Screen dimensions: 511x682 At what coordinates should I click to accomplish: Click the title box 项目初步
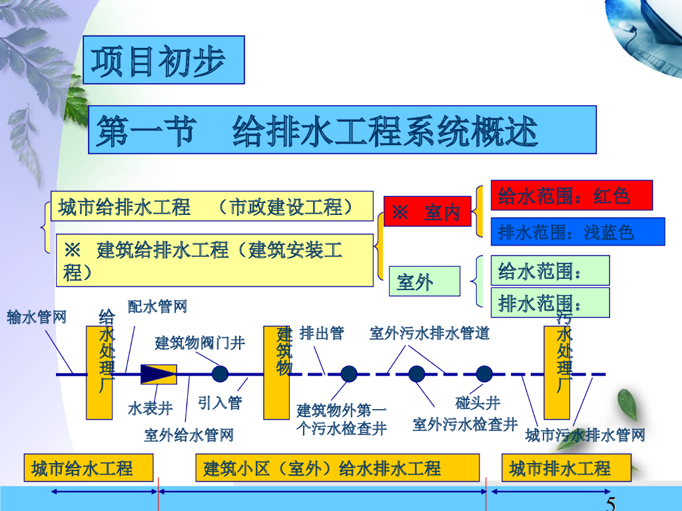pos(164,60)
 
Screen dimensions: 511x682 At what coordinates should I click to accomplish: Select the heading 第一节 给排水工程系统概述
pos(342,130)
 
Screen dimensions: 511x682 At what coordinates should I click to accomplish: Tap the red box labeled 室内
pos(427,212)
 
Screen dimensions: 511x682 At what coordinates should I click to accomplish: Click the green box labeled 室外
pos(424,281)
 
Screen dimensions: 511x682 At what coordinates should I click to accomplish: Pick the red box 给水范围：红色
pos(571,196)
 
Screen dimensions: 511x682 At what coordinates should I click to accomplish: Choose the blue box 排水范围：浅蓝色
pos(577,232)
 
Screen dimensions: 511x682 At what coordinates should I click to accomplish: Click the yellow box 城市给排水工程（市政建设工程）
pos(212,207)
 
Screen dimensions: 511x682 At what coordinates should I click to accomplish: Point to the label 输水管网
pos(37,317)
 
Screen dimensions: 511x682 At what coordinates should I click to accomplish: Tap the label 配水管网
pos(158,306)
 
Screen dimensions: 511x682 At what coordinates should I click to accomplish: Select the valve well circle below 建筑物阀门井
pos(220,374)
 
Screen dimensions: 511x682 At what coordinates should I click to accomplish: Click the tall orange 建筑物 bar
pos(280,373)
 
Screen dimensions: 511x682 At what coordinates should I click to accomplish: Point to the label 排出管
pos(322,333)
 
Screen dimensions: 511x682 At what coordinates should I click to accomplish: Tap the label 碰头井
pos(478,403)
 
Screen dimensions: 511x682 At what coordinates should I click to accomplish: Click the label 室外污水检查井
pos(464,424)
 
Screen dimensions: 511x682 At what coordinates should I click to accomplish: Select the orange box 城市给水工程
pos(89,468)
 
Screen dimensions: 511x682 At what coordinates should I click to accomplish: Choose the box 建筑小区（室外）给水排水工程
pos(337,468)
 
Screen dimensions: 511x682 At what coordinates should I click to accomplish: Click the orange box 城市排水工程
pos(565,468)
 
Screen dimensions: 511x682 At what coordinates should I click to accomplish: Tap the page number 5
pos(610,503)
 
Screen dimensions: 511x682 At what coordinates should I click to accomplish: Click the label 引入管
pos(220,403)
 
